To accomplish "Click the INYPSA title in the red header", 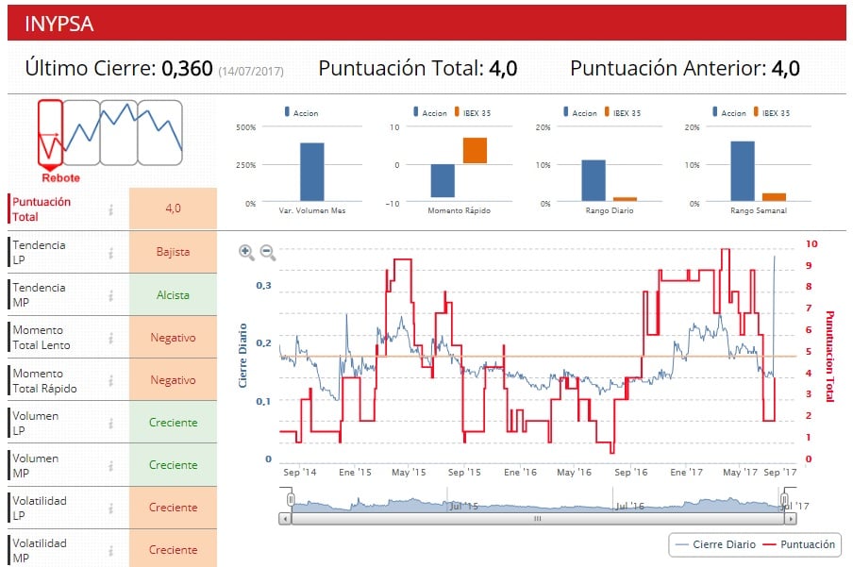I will pos(59,24).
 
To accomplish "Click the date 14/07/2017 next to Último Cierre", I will pos(251,71).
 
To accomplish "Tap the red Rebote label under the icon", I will pos(60,177).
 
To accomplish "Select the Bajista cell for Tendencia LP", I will pos(173,252).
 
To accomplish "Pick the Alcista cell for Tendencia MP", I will pos(173,295).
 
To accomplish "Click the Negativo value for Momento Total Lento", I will pos(173,338).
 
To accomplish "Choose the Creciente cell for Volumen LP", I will pos(173,423).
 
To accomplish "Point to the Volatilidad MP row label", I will pos(40,550).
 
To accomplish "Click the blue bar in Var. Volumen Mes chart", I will pos(311,172).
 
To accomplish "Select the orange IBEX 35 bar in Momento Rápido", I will pos(475,151).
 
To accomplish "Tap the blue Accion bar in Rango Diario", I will pos(593,180).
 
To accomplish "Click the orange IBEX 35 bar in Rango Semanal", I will pos(774,197).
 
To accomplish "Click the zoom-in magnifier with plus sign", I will pos(246,252).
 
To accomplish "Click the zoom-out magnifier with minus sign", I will pos(268,252).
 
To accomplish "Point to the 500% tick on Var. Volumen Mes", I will pos(244,127).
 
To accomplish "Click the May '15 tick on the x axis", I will pos(408,472).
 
